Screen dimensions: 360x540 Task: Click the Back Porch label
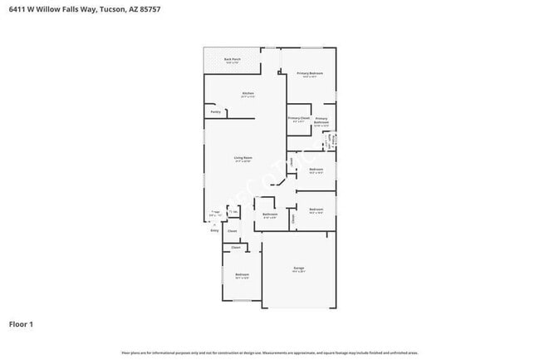pos(233,59)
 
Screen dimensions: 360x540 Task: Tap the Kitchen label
pos(248,92)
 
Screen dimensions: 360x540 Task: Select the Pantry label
pos(215,111)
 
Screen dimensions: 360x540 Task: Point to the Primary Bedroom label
pos(310,74)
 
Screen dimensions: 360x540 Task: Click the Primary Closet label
pos(298,118)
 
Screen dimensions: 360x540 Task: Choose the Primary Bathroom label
pos(321,121)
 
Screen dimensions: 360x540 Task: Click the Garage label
pos(298,267)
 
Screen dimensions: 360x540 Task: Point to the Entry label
pos(214,230)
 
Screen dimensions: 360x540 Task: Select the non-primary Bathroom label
pos(269,215)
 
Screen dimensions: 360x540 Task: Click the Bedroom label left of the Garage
pos(242,274)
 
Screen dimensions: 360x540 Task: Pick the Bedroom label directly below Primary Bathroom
pos(316,170)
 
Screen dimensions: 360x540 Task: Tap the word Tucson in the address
pos(111,9)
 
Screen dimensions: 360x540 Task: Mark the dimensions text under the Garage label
pos(298,271)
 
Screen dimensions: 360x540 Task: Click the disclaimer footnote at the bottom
pos(269,353)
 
